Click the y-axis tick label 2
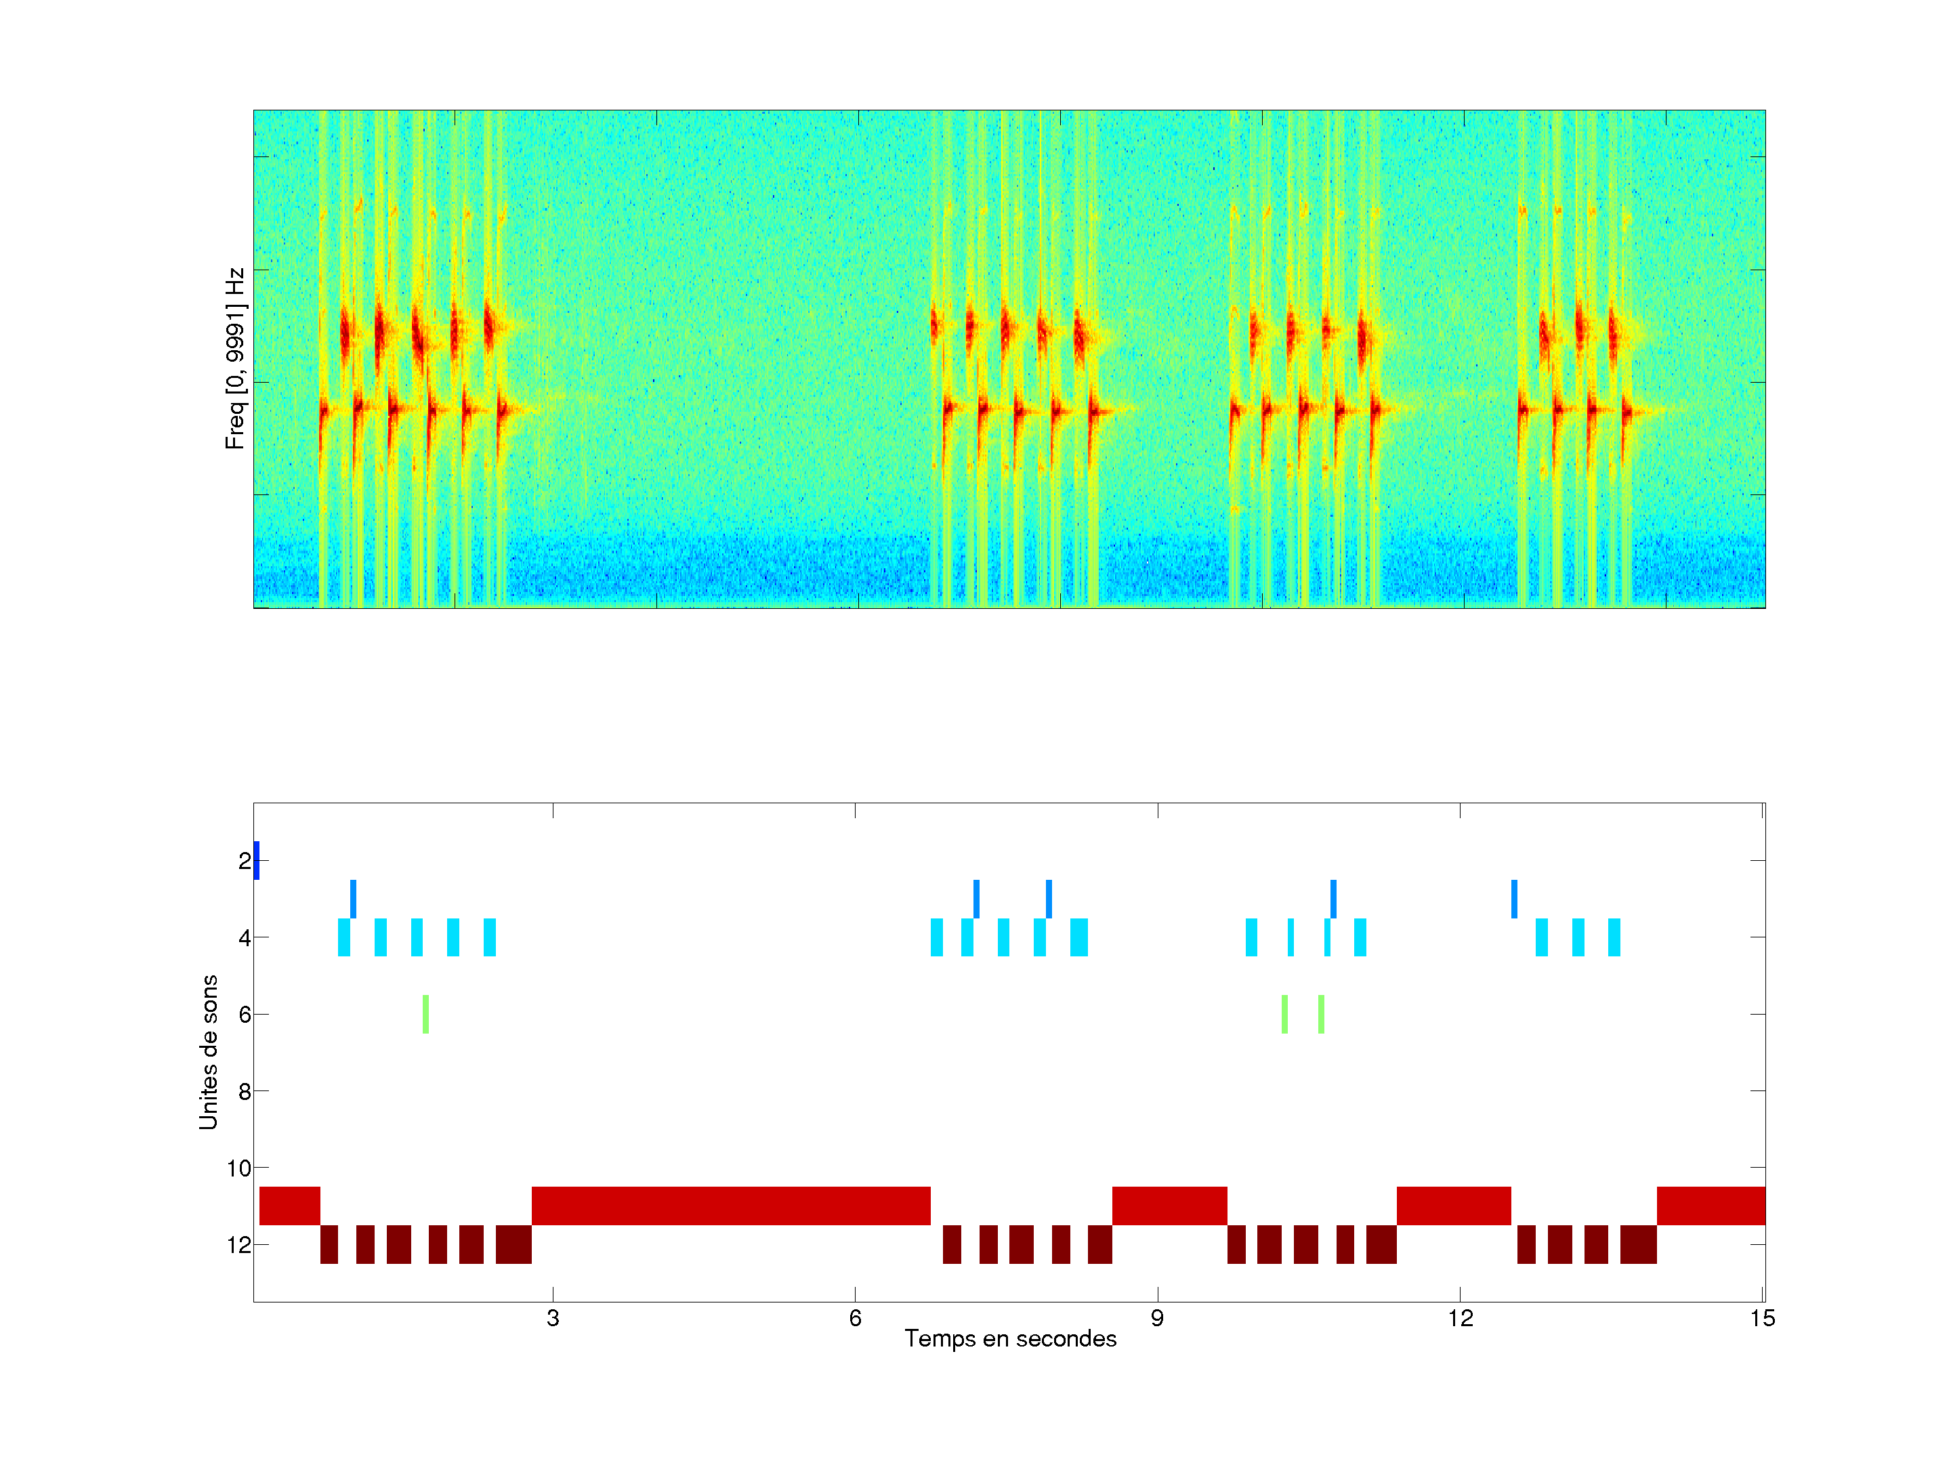click(x=245, y=861)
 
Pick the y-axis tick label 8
click(x=245, y=1092)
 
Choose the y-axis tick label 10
click(x=239, y=1168)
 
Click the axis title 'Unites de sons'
click(x=208, y=1052)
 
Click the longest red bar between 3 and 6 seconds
click(x=730, y=1206)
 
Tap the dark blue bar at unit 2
click(x=257, y=861)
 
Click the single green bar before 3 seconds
click(x=425, y=1014)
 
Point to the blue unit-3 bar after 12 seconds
click(x=1515, y=899)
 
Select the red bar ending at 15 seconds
click(x=1711, y=1206)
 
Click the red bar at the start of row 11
click(x=289, y=1206)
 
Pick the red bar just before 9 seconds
click(x=1169, y=1206)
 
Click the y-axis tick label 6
click(x=245, y=1014)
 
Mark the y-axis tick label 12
click(x=239, y=1245)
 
